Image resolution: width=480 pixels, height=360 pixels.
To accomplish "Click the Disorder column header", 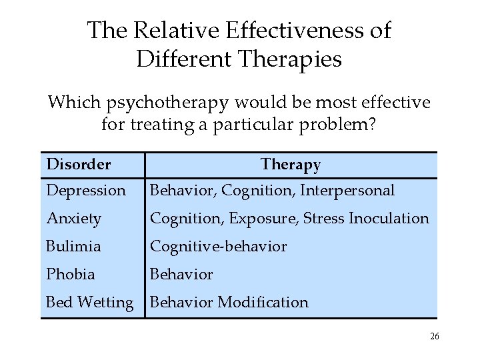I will point(78,164).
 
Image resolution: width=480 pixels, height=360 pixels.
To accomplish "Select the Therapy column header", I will point(291,164).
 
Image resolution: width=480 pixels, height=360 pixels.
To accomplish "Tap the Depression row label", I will point(85,191).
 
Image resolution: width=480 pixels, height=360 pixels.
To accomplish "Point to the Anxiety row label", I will point(73,219).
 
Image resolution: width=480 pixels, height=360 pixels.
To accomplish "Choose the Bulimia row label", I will point(73,247).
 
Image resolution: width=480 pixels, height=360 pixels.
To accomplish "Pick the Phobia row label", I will point(70,275).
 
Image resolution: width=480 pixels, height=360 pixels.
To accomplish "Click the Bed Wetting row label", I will point(89,303).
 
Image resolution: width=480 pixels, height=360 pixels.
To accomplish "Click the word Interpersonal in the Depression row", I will point(347,191).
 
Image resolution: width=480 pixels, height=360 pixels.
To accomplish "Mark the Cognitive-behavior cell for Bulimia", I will point(218,247).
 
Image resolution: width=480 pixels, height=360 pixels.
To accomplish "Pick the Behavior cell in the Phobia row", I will point(181,275).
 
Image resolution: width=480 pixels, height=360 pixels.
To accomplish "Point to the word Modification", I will point(263,303).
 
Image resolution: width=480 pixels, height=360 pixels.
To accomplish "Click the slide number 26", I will point(434,337).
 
